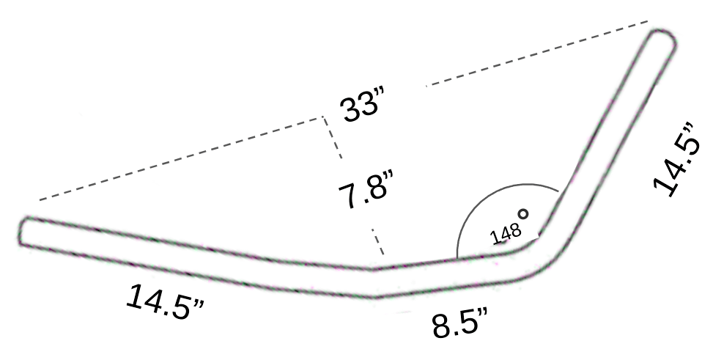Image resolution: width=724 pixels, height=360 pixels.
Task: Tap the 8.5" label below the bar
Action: click(461, 323)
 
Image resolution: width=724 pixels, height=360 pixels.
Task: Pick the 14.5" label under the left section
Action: click(165, 301)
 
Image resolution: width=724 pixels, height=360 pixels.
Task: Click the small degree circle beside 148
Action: click(523, 214)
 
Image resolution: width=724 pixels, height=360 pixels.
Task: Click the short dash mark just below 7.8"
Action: click(377, 243)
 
